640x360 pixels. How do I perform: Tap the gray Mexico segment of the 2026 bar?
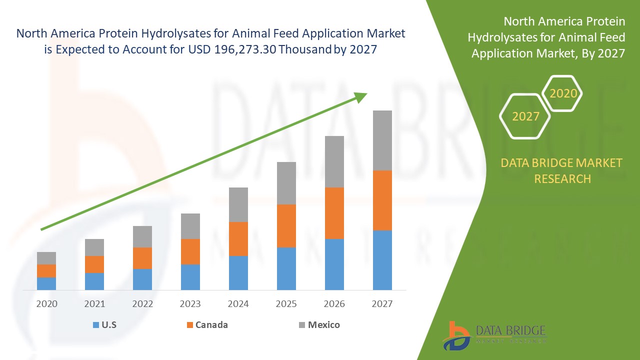click(334, 161)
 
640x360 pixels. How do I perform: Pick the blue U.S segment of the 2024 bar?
click(238, 272)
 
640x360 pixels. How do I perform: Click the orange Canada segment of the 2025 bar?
click(286, 225)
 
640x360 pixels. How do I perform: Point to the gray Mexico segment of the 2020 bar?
click(46, 258)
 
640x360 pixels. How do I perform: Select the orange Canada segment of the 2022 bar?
click(142, 258)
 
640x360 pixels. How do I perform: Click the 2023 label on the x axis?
click(190, 303)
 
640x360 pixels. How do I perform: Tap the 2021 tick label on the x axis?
click(94, 303)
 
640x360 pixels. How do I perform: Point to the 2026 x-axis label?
click(334, 303)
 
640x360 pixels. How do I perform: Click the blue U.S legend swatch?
click(95, 325)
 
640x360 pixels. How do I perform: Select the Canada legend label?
click(211, 325)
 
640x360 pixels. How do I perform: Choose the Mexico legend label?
click(323, 325)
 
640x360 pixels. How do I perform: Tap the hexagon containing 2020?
click(563, 93)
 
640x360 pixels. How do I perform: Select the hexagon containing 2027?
click(525, 116)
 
